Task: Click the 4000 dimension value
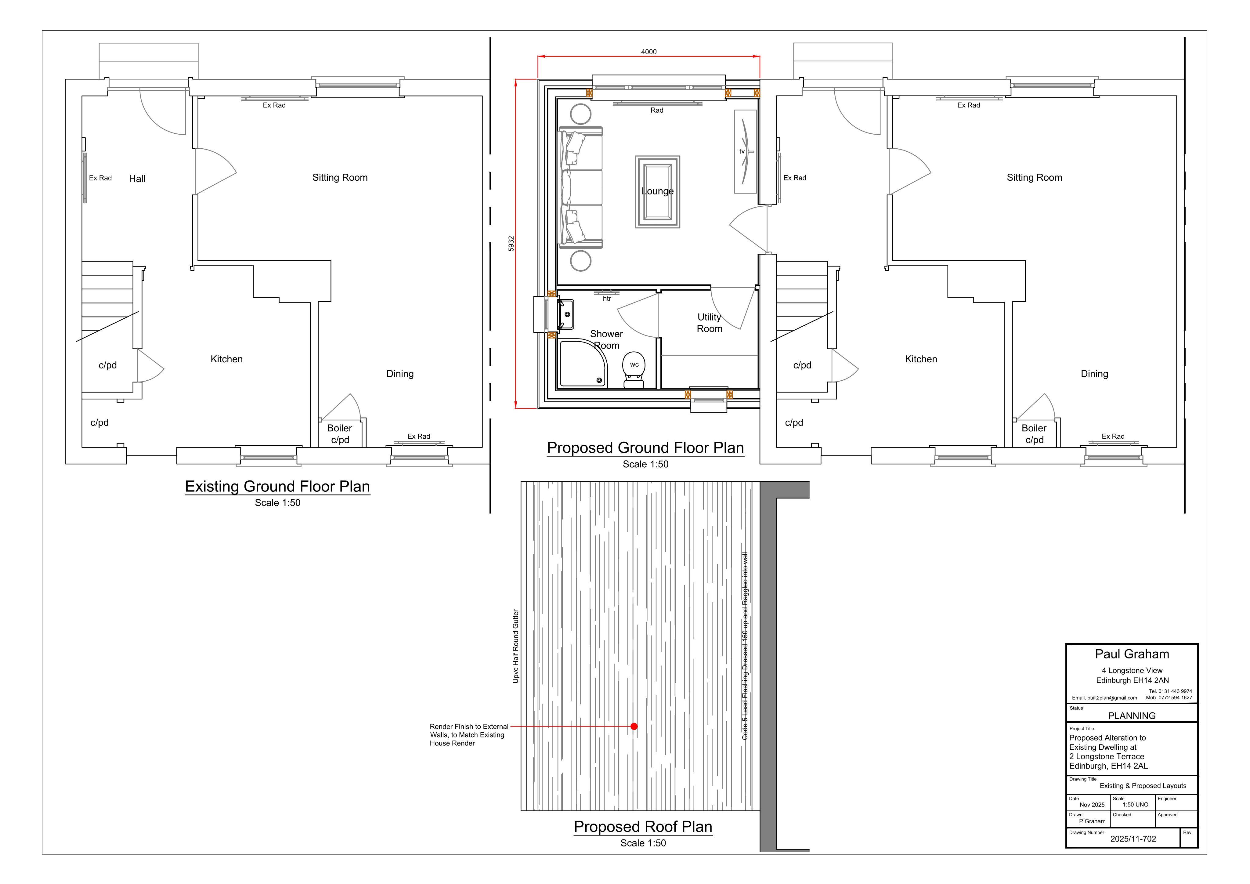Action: click(x=648, y=52)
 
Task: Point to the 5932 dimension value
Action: click(x=511, y=244)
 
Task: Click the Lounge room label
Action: click(x=658, y=191)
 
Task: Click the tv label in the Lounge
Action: click(x=742, y=151)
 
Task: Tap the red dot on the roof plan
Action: click(x=634, y=726)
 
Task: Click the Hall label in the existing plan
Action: click(x=137, y=179)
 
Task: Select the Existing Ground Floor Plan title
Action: click(x=278, y=486)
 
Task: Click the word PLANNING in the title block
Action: click(x=1132, y=716)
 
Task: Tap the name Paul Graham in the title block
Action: click(x=1132, y=654)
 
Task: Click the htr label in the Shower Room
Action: click(x=607, y=299)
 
